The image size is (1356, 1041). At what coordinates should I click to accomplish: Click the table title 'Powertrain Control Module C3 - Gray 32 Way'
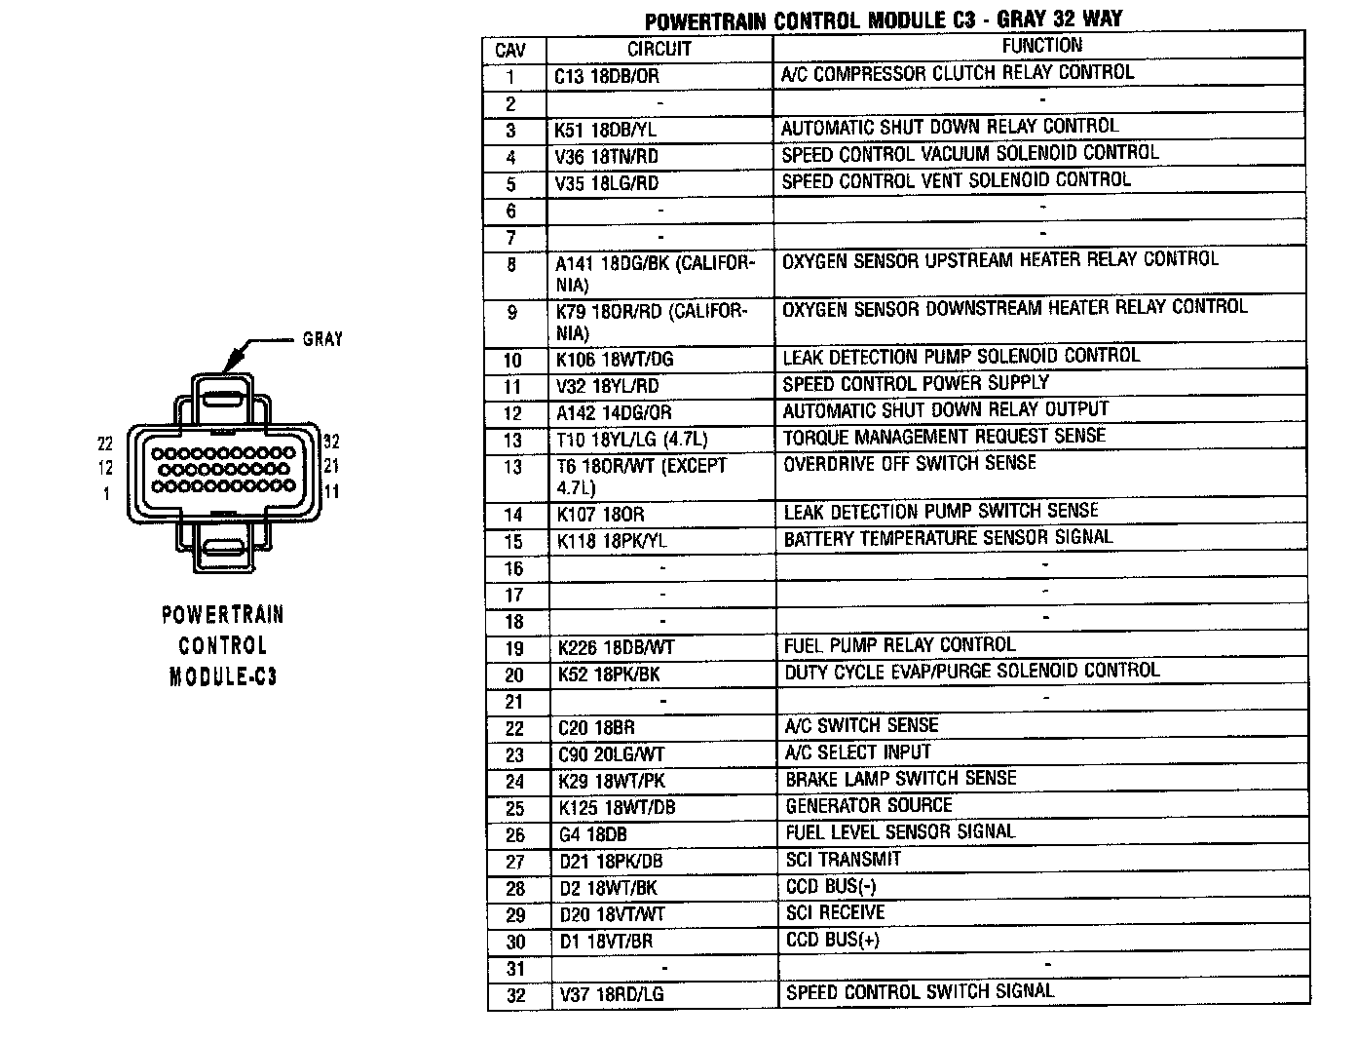point(884,20)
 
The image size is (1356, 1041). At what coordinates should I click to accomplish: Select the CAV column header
point(510,49)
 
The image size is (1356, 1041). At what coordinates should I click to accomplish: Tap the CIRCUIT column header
point(659,49)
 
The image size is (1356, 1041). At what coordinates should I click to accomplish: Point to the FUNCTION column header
point(1041,46)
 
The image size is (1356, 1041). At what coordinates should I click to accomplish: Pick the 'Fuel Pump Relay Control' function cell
point(899,645)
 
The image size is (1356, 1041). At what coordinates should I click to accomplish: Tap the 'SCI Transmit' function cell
point(843,860)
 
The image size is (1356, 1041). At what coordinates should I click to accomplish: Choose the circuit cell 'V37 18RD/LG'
point(611,995)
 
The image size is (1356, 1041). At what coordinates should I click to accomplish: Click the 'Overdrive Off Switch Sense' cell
point(909,464)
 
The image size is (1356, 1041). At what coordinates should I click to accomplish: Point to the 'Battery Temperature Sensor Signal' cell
point(948,538)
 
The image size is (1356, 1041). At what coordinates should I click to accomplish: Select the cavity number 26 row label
point(515,835)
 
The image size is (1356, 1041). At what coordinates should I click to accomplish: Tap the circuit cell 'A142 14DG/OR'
point(614,413)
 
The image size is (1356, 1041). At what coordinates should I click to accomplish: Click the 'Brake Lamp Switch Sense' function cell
point(900,779)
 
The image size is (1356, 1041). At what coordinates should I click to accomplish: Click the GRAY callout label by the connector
point(322,339)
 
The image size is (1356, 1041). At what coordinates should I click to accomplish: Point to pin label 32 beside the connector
point(331,442)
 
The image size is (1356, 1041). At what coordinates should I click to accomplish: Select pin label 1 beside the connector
point(106,493)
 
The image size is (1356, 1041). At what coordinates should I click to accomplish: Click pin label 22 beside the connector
point(105,443)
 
